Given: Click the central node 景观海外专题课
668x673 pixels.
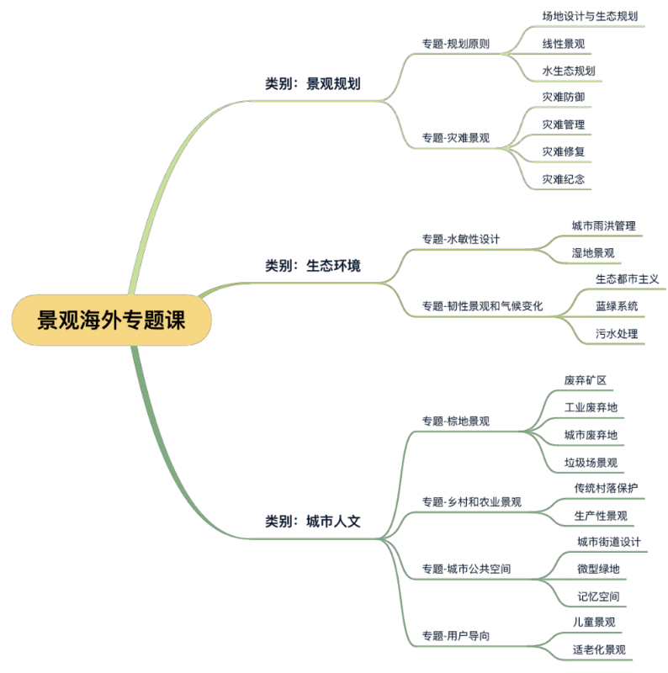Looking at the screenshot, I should [x=110, y=321].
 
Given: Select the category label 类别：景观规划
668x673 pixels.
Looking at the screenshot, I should [x=313, y=84].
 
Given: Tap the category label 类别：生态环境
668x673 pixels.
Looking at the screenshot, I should [x=313, y=266].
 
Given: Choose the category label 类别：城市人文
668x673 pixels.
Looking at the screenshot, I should [x=313, y=521].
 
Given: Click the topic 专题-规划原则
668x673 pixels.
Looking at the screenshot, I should [x=456, y=44].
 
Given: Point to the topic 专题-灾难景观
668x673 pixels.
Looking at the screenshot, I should [x=456, y=138].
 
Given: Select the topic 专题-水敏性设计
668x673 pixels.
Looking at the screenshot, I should [x=461, y=239].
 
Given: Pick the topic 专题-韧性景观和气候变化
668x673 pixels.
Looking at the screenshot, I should [x=483, y=306].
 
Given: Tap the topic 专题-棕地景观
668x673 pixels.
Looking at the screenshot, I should [x=456, y=421].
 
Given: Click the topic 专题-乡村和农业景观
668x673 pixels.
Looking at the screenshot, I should [x=472, y=502].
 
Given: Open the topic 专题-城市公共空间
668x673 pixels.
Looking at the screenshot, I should [x=467, y=570].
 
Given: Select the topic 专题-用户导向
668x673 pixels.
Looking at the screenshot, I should [x=456, y=636].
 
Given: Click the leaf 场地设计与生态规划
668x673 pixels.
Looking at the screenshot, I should [x=590, y=16].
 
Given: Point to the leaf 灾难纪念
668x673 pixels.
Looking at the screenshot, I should [x=564, y=178].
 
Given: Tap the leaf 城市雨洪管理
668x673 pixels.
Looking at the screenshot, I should [x=603, y=225].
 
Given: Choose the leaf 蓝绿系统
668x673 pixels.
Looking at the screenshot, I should [x=617, y=306].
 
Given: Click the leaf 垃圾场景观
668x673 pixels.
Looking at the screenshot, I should [x=591, y=462].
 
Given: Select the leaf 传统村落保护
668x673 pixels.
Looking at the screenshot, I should [x=606, y=489].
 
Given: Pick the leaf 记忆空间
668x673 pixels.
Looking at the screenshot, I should [x=598, y=596].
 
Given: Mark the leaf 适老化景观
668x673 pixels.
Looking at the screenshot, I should [x=599, y=649].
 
